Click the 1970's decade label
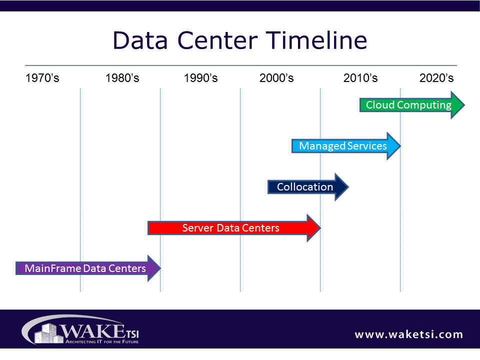[42, 78]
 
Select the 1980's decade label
[122, 78]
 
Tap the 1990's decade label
[201, 78]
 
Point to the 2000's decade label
[276, 78]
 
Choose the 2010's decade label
[360, 78]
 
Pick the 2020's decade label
[436, 78]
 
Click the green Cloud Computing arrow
[412, 105]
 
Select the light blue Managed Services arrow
[346, 146]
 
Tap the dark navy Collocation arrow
[308, 187]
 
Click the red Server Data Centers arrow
[234, 228]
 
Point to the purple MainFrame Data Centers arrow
[88, 268]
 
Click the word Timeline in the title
[316, 40]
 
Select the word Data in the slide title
[140, 40]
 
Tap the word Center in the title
[217, 40]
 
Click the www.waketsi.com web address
[408, 334]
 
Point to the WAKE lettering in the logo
[92, 331]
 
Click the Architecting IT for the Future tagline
[102, 341]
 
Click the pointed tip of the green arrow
[464, 105]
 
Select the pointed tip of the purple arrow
[160, 268]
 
